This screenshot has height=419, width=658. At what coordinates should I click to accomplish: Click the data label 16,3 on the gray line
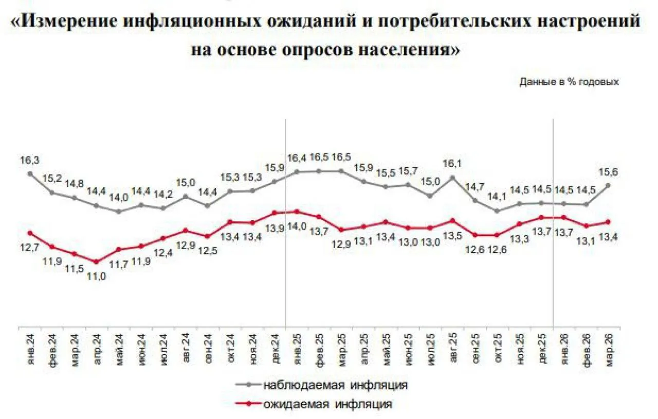click(x=26, y=160)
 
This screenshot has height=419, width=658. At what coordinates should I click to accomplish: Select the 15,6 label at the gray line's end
click(x=608, y=172)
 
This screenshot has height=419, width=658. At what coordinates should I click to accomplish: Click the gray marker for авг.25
click(x=452, y=178)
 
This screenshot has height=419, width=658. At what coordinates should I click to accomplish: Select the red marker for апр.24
click(x=96, y=262)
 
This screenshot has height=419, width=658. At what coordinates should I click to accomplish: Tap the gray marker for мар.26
click(x=608, y=186)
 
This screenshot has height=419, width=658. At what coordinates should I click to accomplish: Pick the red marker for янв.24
click(x=30, y=233)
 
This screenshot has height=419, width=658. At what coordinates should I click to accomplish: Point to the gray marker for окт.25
click(x=497, y=211)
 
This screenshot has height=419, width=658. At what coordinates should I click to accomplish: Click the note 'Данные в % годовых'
click(x=569, y=81)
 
